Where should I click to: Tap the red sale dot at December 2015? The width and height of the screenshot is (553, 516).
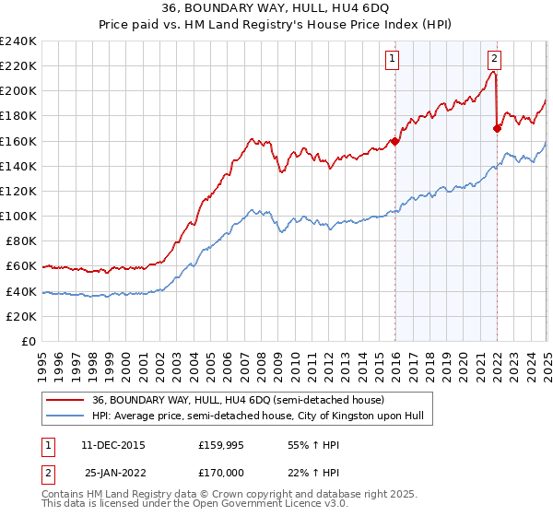(x=394, y=141)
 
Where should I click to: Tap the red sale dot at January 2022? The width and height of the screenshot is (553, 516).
(x=497, y=128)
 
